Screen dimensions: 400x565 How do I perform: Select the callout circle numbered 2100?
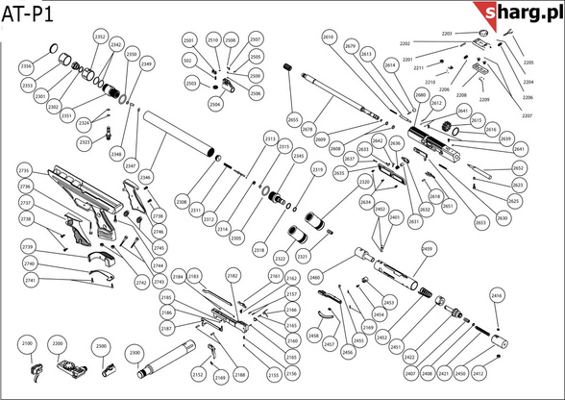27,343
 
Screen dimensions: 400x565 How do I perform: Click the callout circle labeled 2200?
58,343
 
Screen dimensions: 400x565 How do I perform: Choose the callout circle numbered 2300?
135,353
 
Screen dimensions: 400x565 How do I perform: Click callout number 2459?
454,248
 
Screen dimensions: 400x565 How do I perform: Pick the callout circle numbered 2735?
25,170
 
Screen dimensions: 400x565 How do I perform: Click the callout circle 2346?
144,178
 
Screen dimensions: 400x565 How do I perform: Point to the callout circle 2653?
480,222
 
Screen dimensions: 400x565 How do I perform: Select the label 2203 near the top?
447,34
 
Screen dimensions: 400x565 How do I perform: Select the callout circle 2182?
232,276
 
